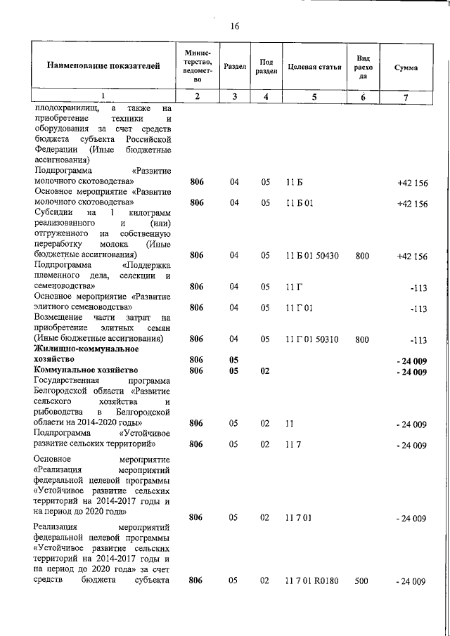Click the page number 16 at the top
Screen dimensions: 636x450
[235, 26]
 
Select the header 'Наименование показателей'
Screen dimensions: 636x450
[103, 67]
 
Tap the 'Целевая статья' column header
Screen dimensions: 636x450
[314, 67]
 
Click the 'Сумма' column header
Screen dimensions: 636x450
[405, 67]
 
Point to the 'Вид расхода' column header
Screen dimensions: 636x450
[363, 67]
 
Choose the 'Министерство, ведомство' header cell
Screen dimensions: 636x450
[197, 67]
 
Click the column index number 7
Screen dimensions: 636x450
[405, 97]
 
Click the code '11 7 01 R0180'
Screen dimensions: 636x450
[314, 582]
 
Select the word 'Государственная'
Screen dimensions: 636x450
[69, 379]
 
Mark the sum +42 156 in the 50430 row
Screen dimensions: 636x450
[412, 257]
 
